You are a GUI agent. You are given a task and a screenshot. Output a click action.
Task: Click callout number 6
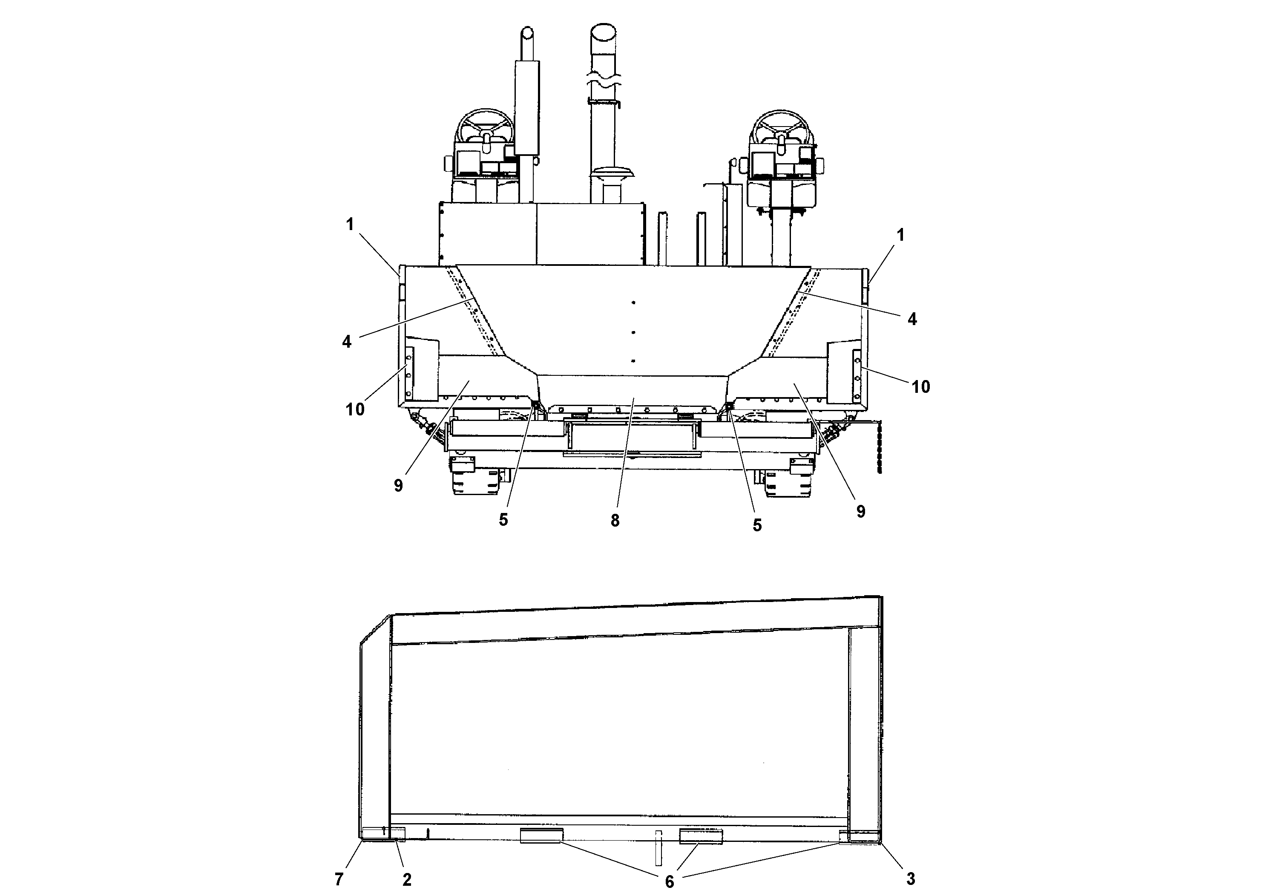(669, 882)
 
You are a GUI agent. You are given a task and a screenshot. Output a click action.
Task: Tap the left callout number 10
(355, 409)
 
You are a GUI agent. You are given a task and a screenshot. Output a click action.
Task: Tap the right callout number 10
(920, 387)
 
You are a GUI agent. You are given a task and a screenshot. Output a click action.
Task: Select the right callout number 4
(912, 319)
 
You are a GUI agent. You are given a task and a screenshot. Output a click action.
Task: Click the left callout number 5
(503, 520)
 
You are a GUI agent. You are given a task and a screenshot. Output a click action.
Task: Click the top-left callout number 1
(350, 224)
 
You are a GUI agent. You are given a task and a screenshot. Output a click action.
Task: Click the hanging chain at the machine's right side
(879, 447)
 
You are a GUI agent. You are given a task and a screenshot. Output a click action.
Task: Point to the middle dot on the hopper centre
(633, 332)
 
